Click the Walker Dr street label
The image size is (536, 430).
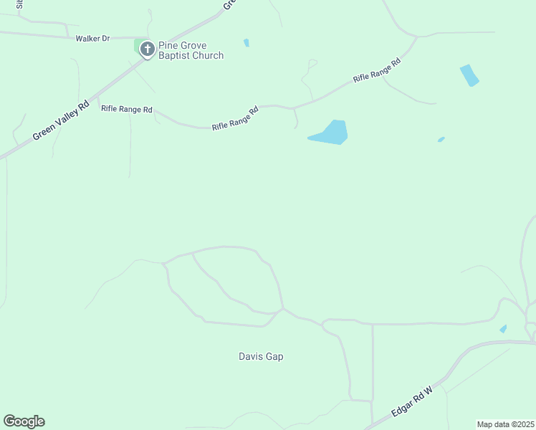[92, 38]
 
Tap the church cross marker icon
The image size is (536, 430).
[147, 49]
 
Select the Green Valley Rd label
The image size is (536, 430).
[60, 120]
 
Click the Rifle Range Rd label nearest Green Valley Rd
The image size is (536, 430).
[127, 110]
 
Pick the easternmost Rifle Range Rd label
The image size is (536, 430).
[376, 70]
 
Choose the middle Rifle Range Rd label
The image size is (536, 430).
[235, 119]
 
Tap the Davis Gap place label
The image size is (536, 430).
[261, 356]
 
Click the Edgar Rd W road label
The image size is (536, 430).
[412, 403]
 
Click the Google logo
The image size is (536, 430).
[24, 421]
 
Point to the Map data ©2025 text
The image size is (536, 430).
[506, 424]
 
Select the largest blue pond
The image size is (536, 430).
[331, 133]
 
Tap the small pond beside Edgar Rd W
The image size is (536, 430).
[503, 329]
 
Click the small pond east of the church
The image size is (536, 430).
[247, 43]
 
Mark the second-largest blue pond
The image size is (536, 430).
[469, 75]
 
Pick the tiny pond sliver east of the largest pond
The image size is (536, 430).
[441, 139]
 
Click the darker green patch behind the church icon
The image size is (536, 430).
[138, 45]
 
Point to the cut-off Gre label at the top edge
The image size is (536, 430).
[229, 4]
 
